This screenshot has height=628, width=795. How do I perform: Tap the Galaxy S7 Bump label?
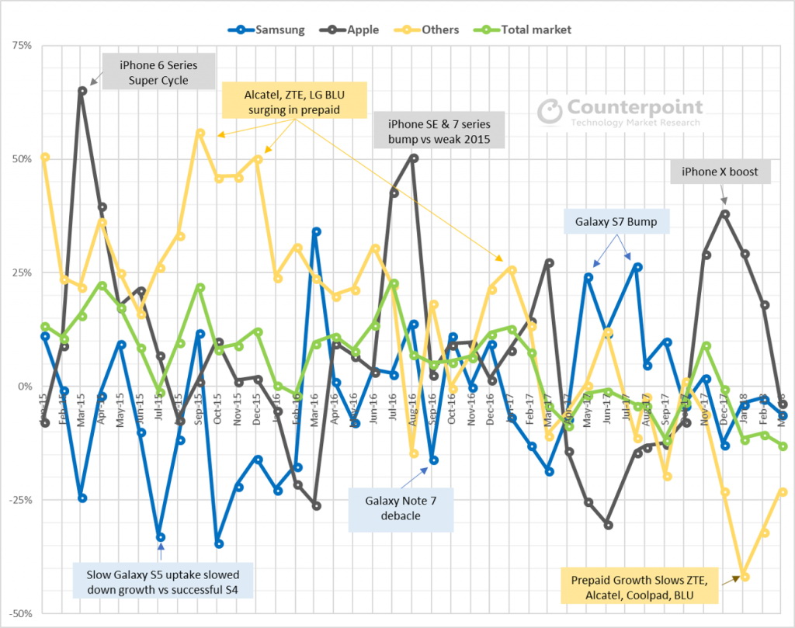616,223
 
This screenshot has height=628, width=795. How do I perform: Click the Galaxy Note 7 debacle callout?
400,508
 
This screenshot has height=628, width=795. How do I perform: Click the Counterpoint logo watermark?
620,111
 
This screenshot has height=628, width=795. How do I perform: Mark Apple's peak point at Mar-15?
82,91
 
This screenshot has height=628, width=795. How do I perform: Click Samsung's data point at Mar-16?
317,231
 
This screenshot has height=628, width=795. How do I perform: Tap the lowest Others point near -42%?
745,577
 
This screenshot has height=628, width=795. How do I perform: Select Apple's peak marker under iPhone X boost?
725,214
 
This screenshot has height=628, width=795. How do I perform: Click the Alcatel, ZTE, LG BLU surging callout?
294,102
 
